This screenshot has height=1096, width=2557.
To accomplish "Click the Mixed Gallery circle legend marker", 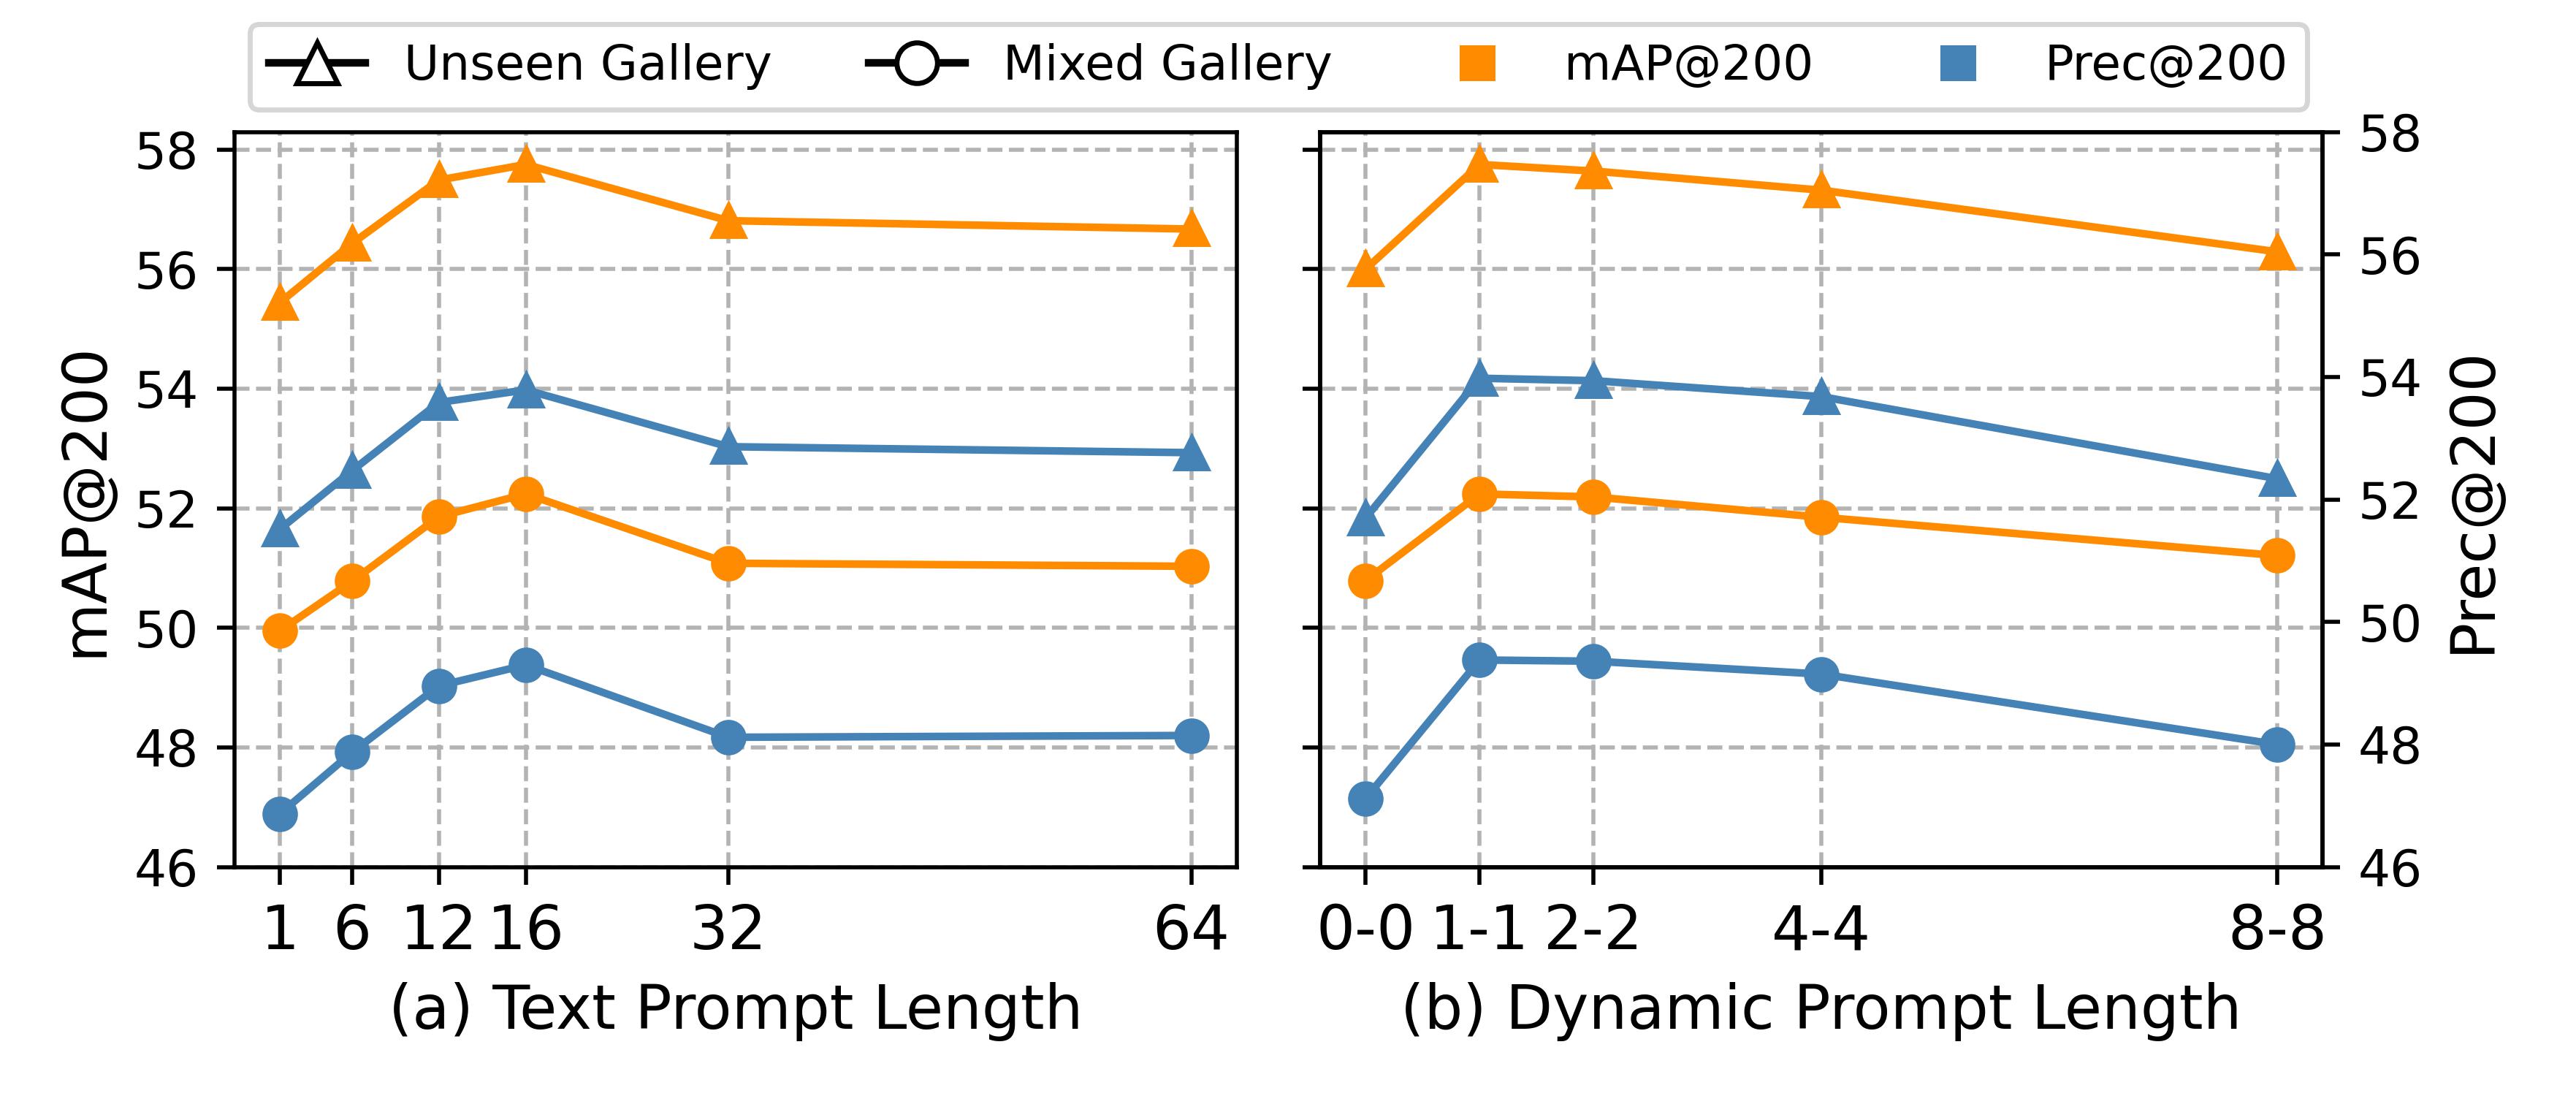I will coord(916,66).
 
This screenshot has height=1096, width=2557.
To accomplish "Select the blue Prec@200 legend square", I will coord(1957,64).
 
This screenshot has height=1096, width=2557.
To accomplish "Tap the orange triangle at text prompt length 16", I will coord(526,165).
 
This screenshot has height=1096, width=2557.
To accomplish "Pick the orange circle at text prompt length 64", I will coord(1191,567).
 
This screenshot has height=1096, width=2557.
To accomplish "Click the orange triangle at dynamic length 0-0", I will coord(1366,270).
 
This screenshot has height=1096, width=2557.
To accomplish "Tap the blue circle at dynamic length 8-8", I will coord(2277,745).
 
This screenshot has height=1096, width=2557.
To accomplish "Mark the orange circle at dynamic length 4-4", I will coord(1821,517).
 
